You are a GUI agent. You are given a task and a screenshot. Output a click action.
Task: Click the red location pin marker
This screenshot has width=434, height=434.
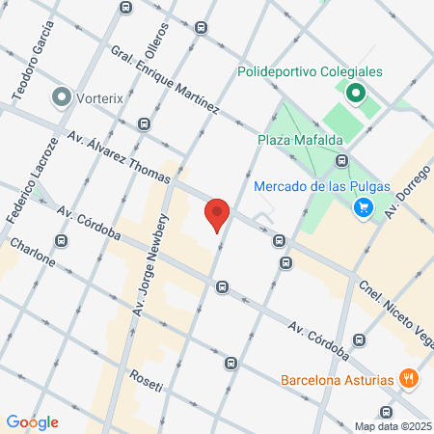tap(217, 214)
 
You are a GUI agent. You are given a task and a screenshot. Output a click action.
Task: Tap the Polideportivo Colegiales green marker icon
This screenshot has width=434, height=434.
tap(354, 94)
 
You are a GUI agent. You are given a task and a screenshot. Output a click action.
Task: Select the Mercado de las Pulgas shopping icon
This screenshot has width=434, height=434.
tap(364, 206)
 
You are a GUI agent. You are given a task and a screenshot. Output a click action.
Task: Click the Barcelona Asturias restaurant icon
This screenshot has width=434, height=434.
tap(410, 379)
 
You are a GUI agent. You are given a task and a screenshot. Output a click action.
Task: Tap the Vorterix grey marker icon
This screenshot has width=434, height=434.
tap(64, 97)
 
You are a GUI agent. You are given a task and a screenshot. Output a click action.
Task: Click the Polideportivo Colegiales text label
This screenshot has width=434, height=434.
tap(310, 72)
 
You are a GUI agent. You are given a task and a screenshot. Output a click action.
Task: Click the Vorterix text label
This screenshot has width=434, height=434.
tap(107, 97)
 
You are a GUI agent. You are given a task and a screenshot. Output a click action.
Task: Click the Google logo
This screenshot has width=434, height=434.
tap(33, 421)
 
